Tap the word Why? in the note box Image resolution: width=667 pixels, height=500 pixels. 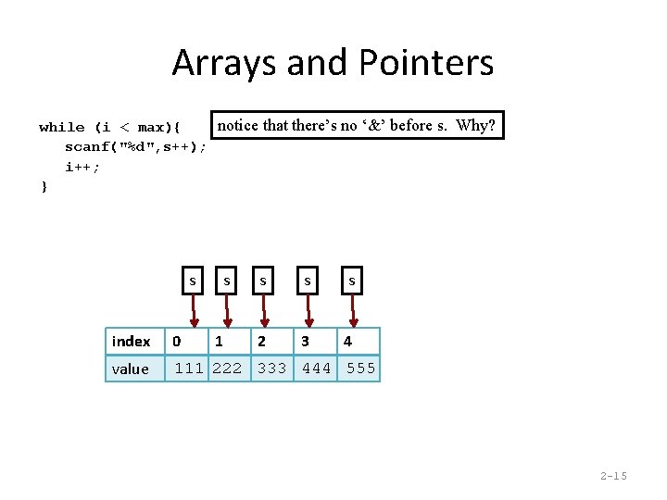click(476, 125)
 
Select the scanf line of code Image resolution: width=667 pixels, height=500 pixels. click(135, 147)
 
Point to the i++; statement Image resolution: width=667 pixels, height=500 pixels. click(82, 168)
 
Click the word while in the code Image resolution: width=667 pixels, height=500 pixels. click(62, 127)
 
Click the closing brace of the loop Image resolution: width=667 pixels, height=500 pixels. click(44, 187)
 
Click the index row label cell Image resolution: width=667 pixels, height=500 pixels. click(133, 342)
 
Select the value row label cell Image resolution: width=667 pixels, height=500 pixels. click(133, 369)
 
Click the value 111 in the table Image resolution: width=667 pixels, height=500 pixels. click(190, 369)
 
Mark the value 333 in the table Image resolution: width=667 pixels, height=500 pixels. click(272, 369)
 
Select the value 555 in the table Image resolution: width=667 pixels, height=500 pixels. click(361, 369)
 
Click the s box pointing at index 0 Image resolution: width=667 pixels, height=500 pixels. click(193, 280)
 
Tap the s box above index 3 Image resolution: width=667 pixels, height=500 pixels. click(308, 280)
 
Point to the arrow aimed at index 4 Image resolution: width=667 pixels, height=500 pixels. click(350, 311)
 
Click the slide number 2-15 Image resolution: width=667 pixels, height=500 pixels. click(613, 476)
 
